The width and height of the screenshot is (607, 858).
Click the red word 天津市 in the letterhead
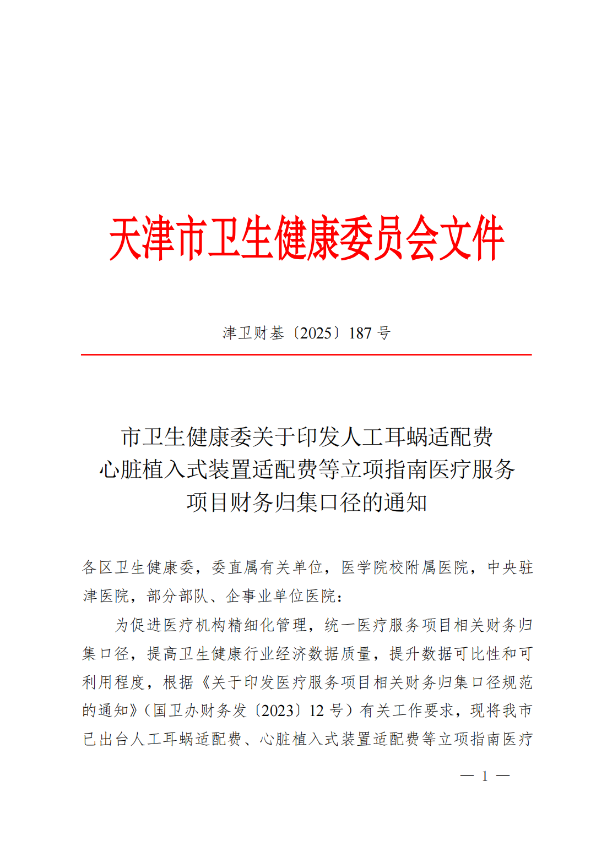click(x=157, y=238)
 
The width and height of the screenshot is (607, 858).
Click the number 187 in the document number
click(x=361, y=333)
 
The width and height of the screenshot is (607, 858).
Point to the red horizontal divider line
click(x=306, y=355)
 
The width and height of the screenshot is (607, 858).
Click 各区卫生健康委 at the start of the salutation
click(x=138, y=567)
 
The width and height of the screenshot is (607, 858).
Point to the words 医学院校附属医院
click(x=405, y=567)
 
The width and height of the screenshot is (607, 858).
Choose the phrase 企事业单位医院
click(x=281, y=596)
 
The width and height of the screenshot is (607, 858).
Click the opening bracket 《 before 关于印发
click(x=204, y=682)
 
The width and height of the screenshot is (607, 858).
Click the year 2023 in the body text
click(x=277, y=711)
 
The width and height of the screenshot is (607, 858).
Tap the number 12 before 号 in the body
click(x=316, y=711)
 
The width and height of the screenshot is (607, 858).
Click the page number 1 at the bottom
click(x=485, y=776)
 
